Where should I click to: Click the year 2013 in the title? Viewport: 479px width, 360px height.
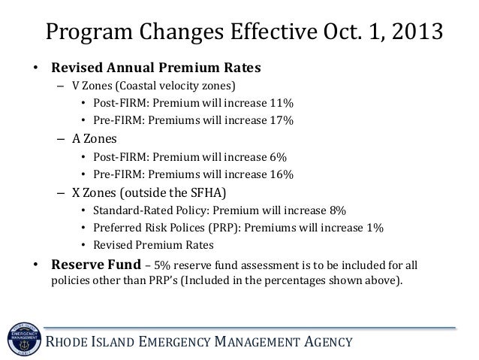[417, 32]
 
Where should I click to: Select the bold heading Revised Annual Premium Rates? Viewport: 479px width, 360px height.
[156, 68]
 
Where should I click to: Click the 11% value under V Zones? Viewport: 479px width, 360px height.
[282, 103]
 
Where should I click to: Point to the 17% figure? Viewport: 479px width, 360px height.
[282, 120]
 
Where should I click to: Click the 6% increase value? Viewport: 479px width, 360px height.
[278, 157]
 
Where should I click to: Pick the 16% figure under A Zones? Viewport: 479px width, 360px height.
[282, 174]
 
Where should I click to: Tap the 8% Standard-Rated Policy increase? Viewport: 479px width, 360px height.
[338, 210]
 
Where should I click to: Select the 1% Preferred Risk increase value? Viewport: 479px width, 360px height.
[375, 228]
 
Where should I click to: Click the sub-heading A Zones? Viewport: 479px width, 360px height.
[95, 139]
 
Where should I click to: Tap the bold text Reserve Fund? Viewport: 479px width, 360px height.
[96, 265]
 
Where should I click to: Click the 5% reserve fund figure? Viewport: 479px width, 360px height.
[162, 265]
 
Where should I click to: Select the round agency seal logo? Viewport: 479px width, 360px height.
[24, 339]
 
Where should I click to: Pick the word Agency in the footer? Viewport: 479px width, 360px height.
[328, 342]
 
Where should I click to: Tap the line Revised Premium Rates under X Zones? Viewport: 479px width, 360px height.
[153, 245]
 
